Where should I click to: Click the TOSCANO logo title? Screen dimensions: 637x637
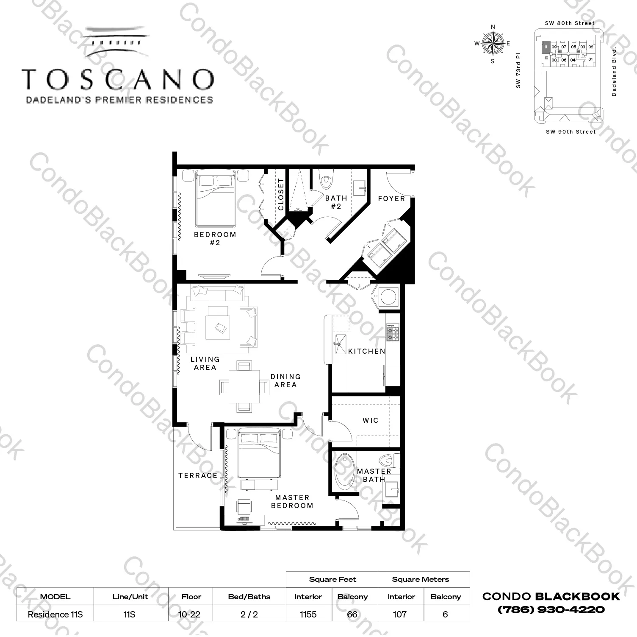pyautogui.click(x=118, y=79)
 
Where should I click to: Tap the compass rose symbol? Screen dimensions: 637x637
pyautogui.click(x=493, y=44)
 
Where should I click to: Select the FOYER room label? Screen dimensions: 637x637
pyautogui.click(x=391, y=198)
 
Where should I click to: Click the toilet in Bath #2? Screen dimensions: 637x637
pyautogui.click(x=326, y=180)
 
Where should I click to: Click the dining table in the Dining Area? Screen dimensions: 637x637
pyautogui.click(x=244, y=386)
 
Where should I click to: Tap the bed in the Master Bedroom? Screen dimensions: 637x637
pyautogui.click(x=259, y=453)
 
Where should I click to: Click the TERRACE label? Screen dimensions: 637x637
pyautogui.click(x=198, y=475)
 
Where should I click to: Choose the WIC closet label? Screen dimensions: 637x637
pyautogui.click(x=371, y=420)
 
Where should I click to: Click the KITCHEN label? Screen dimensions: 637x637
pyautogui.click(x=367, y=351)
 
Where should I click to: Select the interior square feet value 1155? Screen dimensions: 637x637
pyautogui.click(x=308, y=614)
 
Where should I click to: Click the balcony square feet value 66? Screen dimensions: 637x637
pyautogui.click(x=352, y=614)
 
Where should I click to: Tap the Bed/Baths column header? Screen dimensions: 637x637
pyautogui.click(x=249, y=597)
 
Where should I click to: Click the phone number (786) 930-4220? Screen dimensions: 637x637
pyautogui.click(x=551, y=610)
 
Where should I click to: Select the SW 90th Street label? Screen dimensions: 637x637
pyautogui.click(x=571, y=132)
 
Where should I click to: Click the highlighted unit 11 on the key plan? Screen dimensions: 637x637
pyautogui.click(x=546, y=47)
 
